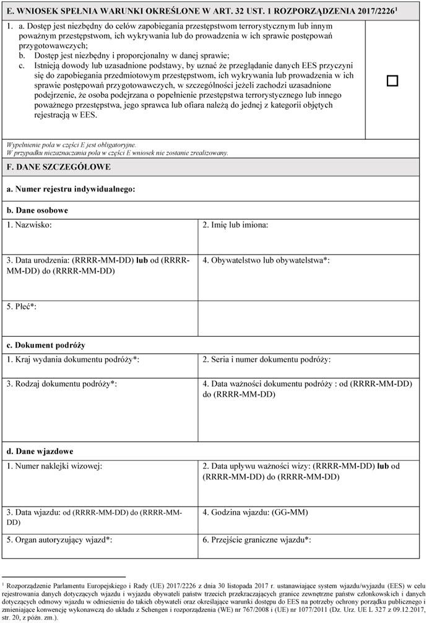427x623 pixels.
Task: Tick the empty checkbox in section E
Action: point(392,81)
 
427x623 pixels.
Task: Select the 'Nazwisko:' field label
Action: point(30,225)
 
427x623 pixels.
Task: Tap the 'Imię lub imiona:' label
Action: point(235,225)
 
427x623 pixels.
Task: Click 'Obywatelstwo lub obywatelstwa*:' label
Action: point(266,260)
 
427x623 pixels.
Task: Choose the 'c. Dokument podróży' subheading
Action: point(46,345)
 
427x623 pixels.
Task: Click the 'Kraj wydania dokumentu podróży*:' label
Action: point(73,359)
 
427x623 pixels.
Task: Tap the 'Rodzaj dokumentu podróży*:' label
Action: point(62,384)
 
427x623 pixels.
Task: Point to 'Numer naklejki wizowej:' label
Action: point(55,466)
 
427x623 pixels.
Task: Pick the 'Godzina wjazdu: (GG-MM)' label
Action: point(255,512)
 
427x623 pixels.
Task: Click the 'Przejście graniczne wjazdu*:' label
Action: point(256,539)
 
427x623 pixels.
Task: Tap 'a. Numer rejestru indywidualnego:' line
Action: point(71,187)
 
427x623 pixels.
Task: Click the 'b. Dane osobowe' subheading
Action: point(37,210)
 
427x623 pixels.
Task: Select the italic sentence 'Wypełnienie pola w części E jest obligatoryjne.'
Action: point(71,145)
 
